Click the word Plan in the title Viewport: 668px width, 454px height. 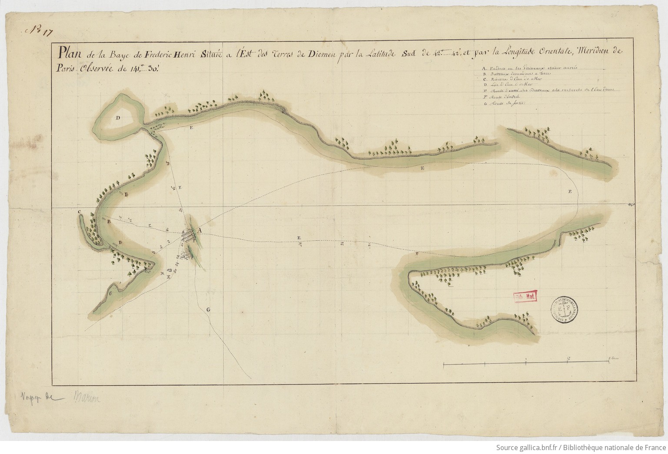click(70, 53)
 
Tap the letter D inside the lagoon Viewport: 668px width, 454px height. click(117, 118)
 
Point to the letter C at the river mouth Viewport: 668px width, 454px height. click(80, 212)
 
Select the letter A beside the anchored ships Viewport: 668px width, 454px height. click(199, 230)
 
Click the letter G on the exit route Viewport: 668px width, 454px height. click(208, 310)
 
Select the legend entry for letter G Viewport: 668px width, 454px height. click(504, 104)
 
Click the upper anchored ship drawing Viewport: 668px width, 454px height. click(188, 236)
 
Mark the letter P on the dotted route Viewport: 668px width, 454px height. click(569, 191)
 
